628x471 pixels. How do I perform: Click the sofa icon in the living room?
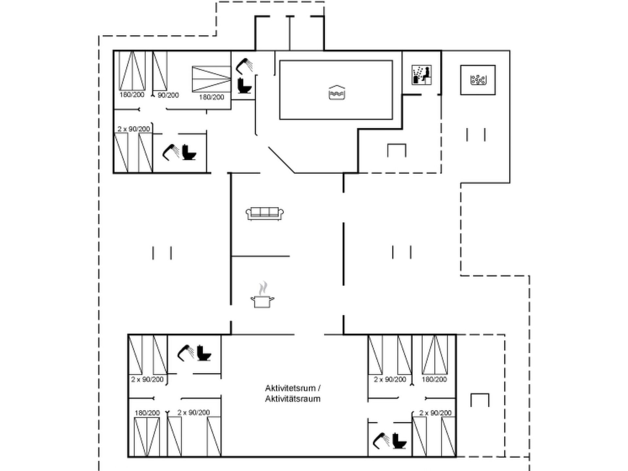click(x=265, y=214)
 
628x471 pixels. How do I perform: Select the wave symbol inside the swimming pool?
click(x=337, y=92)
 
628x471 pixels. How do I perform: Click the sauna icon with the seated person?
click(x=422, y=75)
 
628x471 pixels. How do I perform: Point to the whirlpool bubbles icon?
click(x=478, y=80)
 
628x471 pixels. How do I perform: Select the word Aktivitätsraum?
click(x=293, y=399)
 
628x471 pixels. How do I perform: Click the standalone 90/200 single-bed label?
click(x=168, y=95)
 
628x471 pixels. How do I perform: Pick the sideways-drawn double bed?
click(x=211, y=79)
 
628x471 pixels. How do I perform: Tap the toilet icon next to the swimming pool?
click(x=244, y=86)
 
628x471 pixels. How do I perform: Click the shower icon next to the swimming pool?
click(x=244, y=65)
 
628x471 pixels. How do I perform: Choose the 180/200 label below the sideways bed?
click(x=212, y=97)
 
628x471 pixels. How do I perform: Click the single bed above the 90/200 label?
click(x=160, y=71)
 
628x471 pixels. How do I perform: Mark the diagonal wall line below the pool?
click(x=282, y=160)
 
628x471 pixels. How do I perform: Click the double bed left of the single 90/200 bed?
click(x=132, y=71)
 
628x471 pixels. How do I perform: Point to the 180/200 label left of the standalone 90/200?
click(x=132, y=95)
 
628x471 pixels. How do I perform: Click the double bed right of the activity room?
click(x=435, y=355)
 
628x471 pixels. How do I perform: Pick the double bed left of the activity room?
click(x=147, y=437)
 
